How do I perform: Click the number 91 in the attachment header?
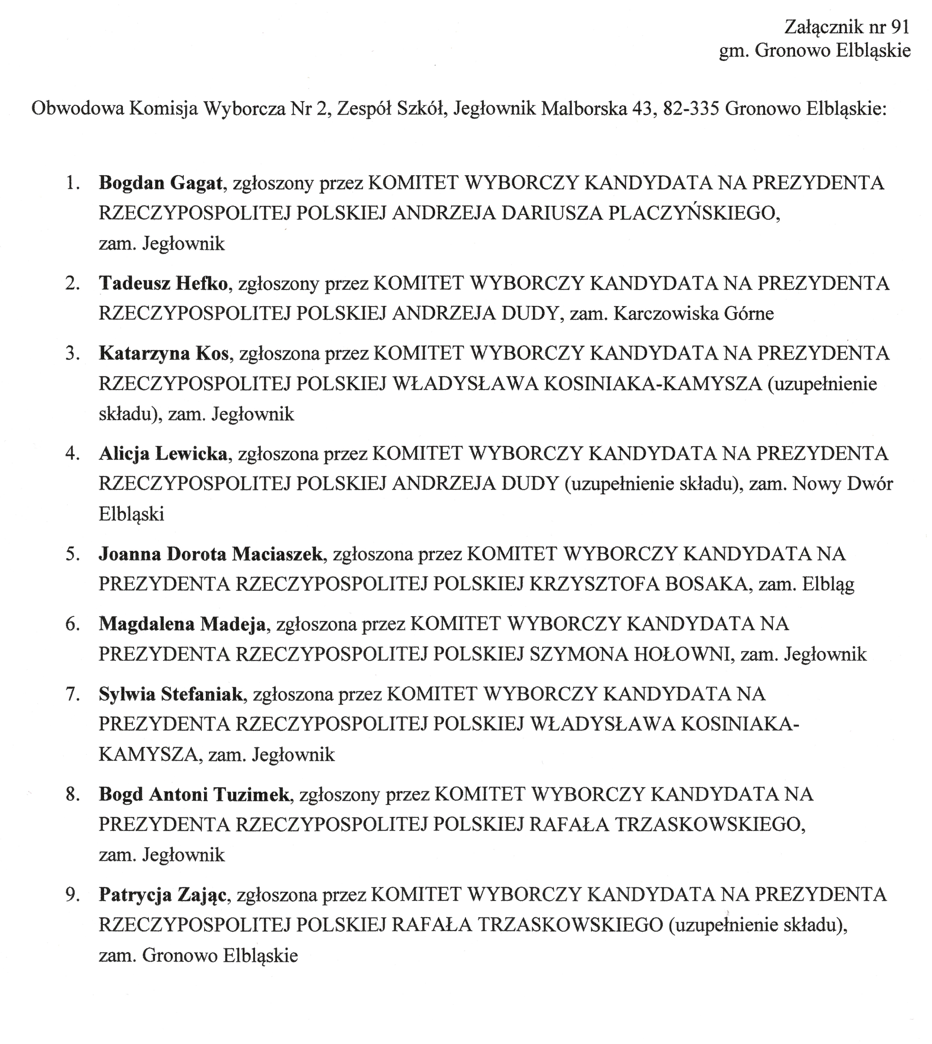point(899,27)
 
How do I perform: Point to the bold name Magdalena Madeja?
point(182,624)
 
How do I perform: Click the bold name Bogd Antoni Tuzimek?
point(194,794)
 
